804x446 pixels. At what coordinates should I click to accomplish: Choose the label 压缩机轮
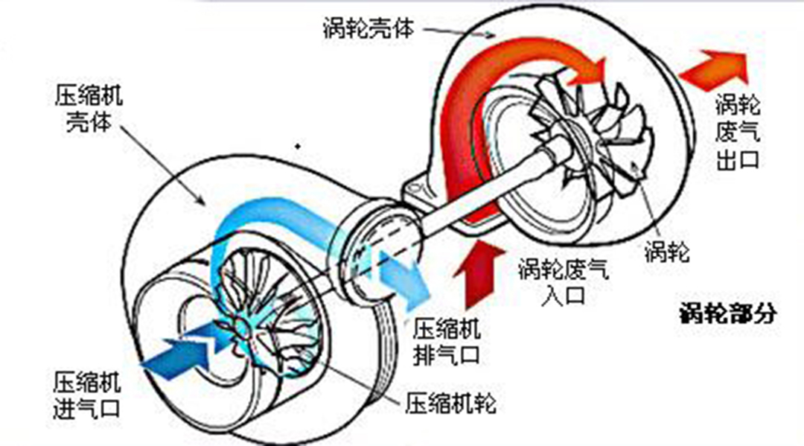(450, 404)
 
